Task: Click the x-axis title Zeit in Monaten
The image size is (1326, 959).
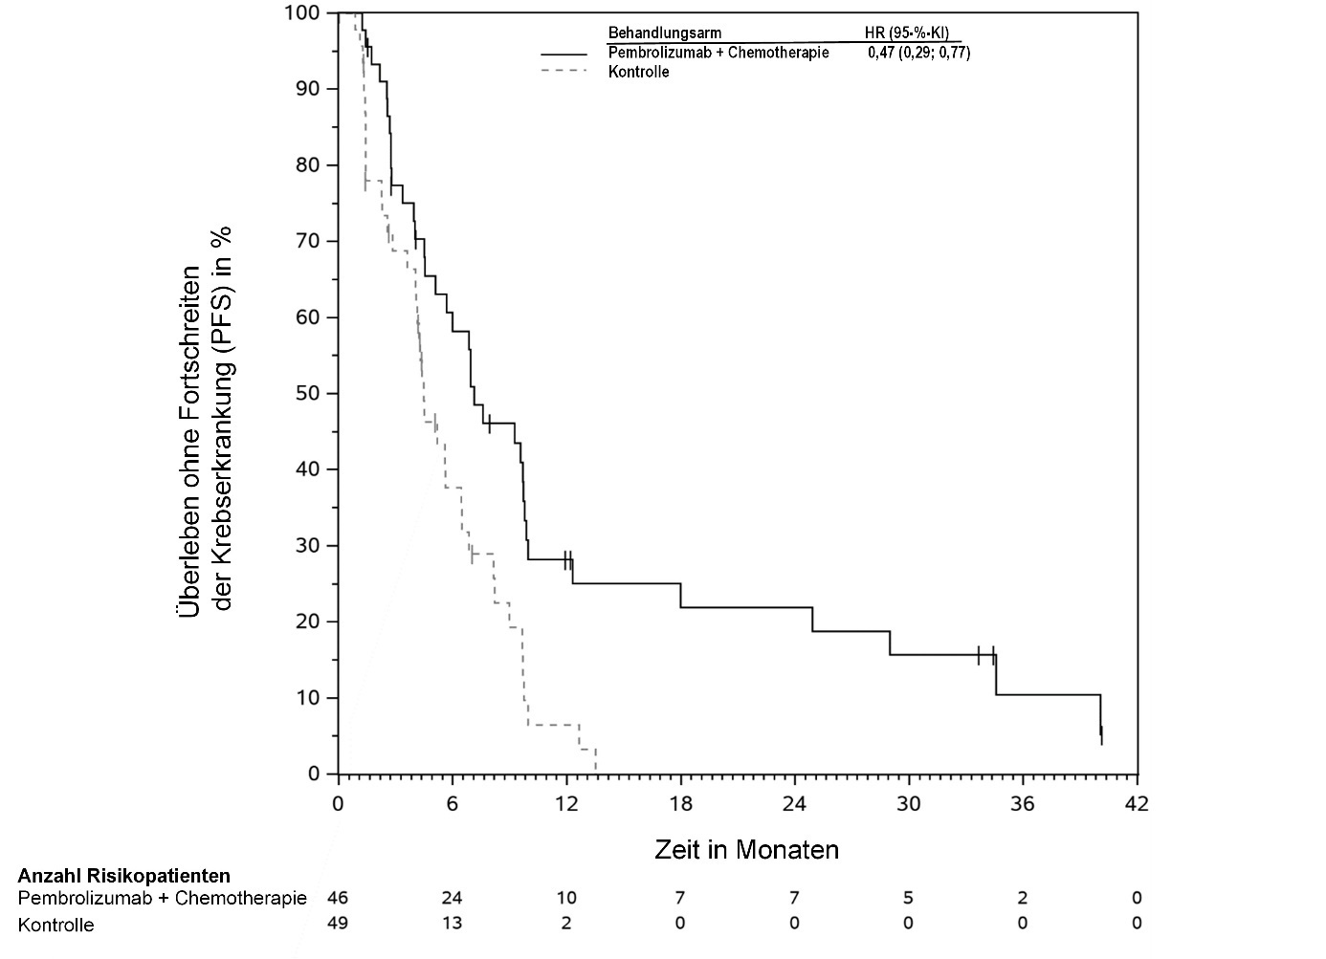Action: (x=746, y=849)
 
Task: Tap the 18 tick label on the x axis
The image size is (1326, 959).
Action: (x=680, y=804)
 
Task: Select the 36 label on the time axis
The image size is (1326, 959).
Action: (x=1023, y=804)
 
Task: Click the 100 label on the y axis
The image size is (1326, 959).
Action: (x=302, y=13)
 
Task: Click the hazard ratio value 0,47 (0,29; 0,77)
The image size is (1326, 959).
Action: (x=918, y=54)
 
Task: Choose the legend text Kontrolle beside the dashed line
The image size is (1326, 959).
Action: (x=638, y=72)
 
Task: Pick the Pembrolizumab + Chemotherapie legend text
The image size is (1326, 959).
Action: (x=718, y=54)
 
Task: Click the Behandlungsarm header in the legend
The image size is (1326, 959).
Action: (x=665, y=33)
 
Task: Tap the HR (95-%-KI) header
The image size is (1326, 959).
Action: (x=907, y=33)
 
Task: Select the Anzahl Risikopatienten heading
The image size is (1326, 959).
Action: (x=123, y=875)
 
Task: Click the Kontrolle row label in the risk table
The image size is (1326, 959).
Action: (x=56, y=925)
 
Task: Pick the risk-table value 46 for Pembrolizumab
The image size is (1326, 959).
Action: (x=338, y=898)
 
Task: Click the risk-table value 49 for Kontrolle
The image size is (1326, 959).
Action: (x=338, y=924)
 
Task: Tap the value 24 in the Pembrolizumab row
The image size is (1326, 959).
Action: (x=452, y=898)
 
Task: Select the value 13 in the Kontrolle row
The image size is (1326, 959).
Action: (x=452, y=924)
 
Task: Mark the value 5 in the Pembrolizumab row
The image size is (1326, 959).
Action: (x=908, y=898)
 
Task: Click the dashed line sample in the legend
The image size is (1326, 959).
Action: (x=564, y=72)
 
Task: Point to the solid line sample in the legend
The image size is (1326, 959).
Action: (x=564, y=54)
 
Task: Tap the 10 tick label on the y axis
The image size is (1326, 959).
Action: (x=308, y=698)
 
